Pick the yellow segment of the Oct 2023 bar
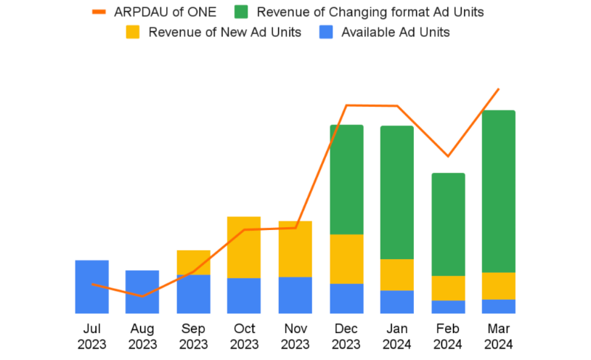coord(244,247)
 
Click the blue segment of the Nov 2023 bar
coord(295,295)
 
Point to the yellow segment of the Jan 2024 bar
coord(397,274)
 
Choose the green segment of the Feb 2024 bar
coord(448,224)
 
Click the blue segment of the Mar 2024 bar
coord(499,306)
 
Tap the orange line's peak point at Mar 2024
coord(499,89)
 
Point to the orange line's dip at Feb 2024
coord(448,156)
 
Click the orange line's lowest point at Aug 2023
coord(143,296)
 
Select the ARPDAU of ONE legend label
coord(165,12)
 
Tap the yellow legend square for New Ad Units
coord(133,32)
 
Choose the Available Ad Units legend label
coord(395,32)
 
